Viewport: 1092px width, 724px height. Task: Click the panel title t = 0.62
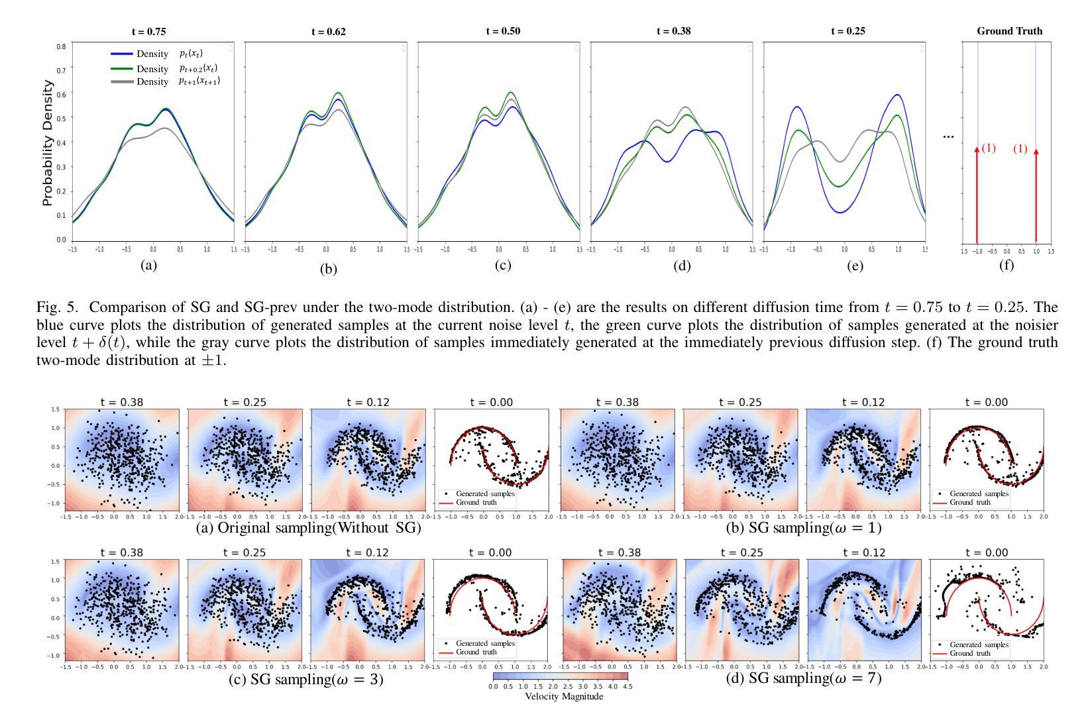tap(328, 31)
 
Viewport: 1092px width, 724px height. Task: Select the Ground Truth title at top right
tap(1009, 31)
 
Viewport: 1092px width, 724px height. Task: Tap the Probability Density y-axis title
tap(48, 142)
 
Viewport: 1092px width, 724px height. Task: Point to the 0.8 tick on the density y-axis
tap(61, 46)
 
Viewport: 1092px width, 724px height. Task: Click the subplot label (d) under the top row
tap(682, 266)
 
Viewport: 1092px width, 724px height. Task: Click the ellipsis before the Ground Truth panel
tap(948, 136)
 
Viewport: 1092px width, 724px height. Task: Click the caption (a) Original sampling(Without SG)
tap(309, 528)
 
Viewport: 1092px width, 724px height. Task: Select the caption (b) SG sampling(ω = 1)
tap(804, 528)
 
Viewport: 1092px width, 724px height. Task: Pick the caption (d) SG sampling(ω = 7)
tap(804, 678)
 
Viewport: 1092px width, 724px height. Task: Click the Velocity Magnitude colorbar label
tap(564, 696)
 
